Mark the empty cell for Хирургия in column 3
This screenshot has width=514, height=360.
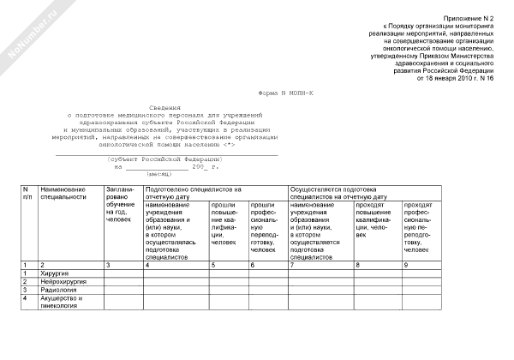(x=123, y=273)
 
